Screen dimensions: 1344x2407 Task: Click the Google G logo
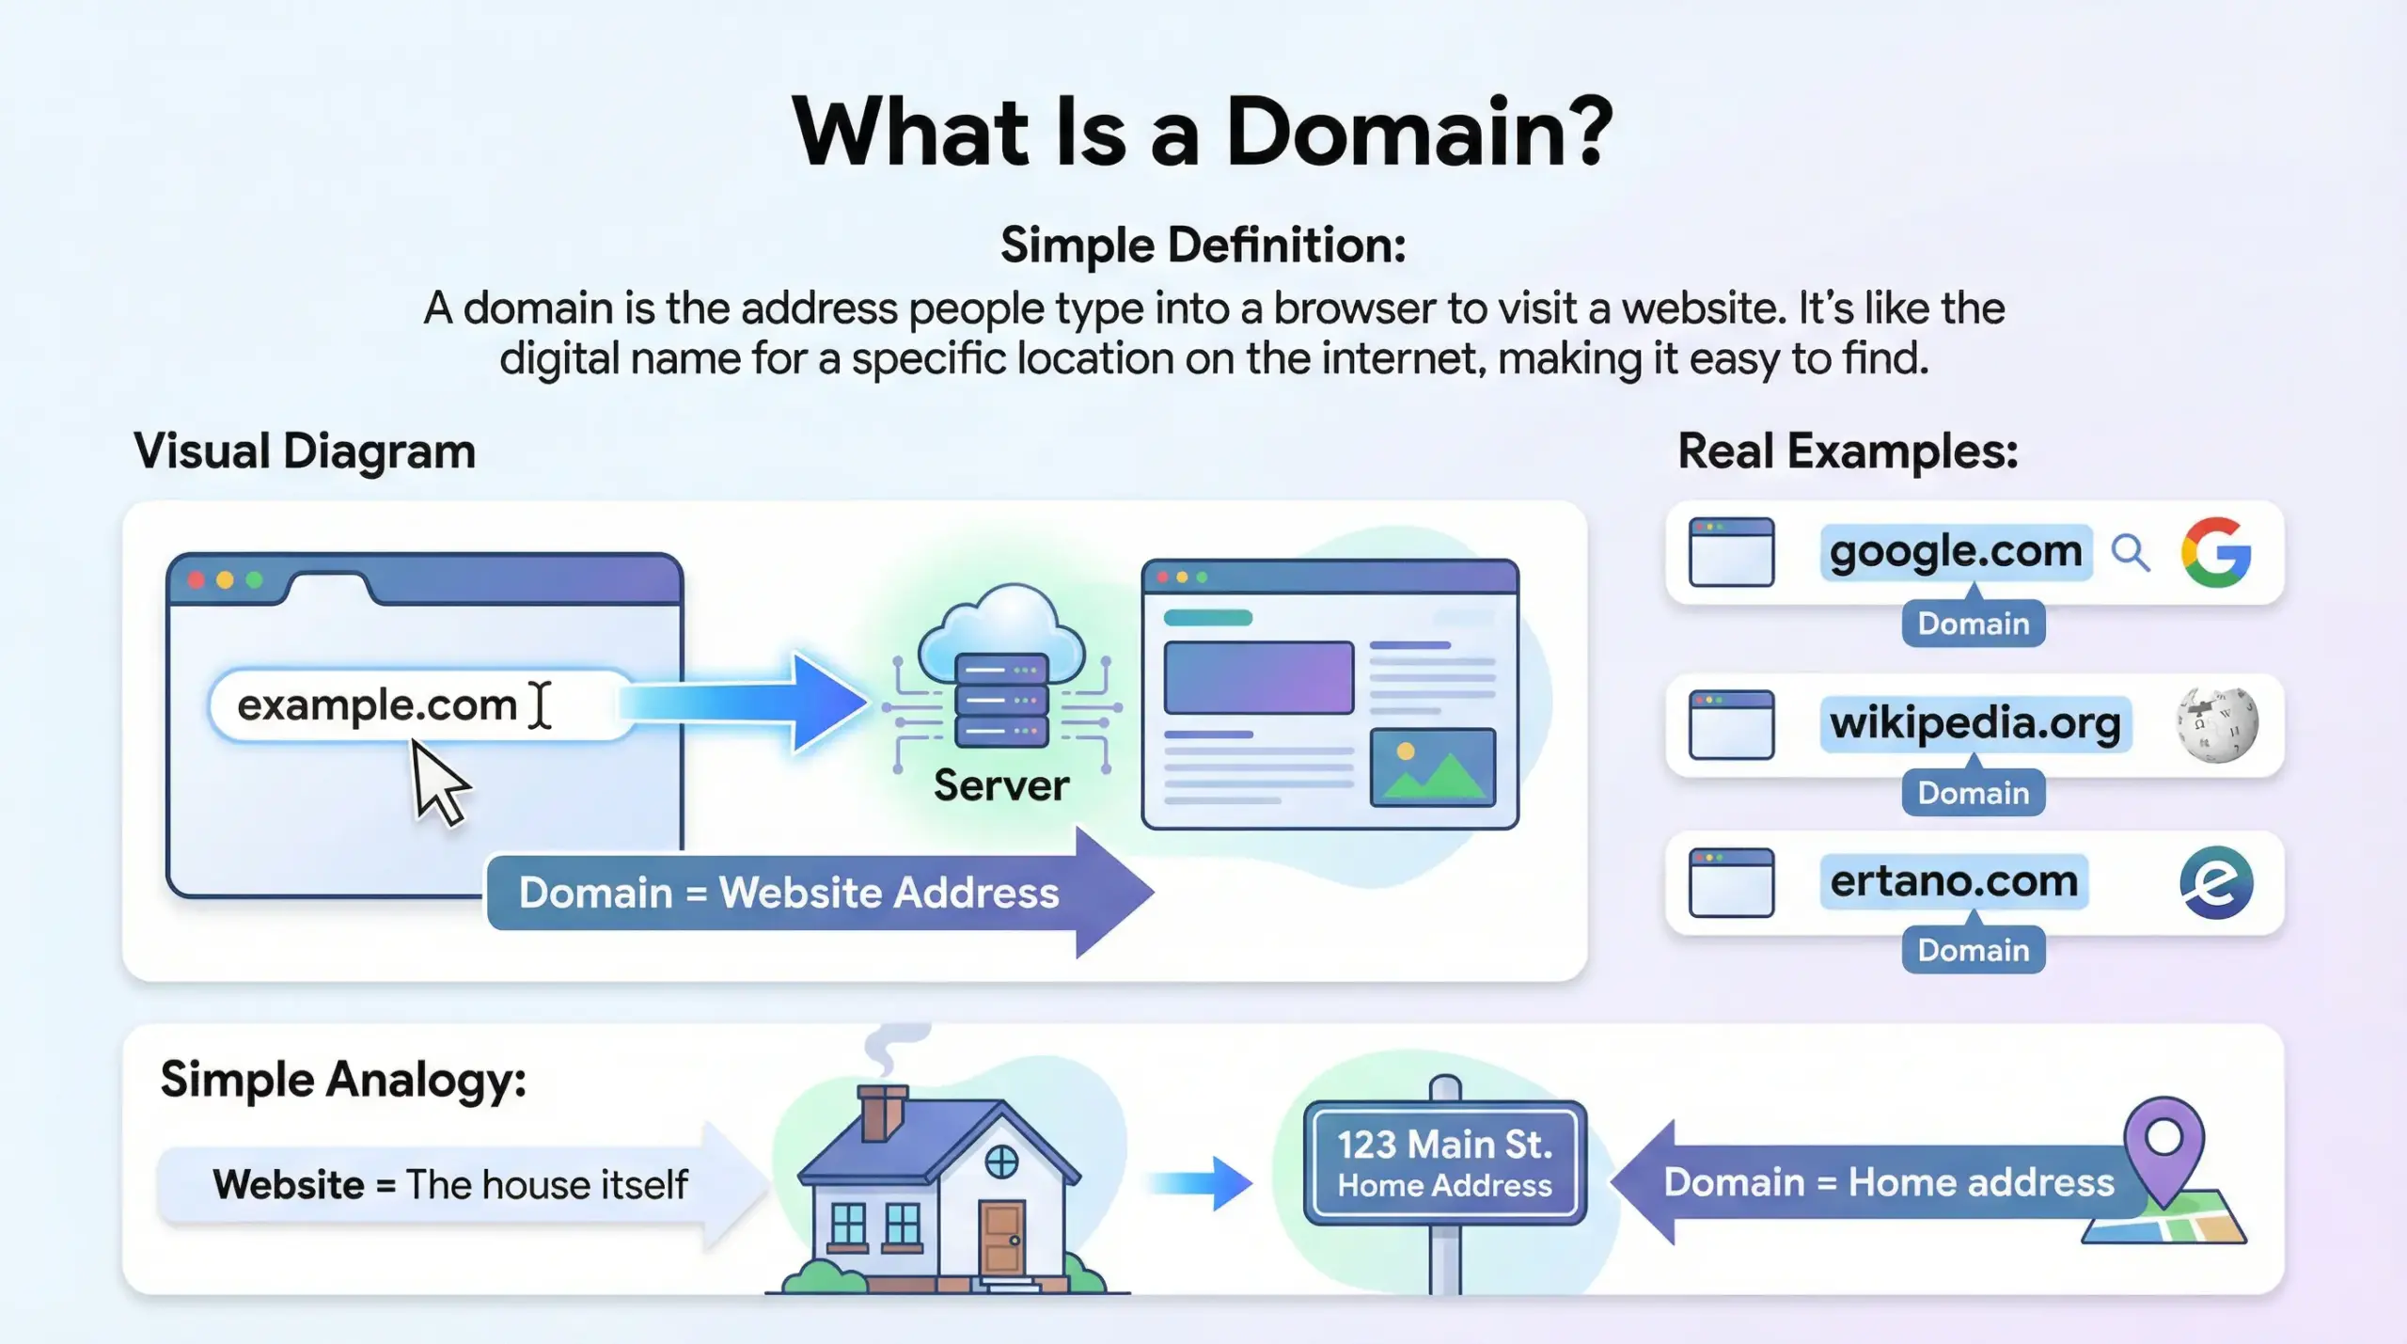click(x=2215, y=552)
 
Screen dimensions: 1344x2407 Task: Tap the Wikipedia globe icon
click(x=2216, y=724)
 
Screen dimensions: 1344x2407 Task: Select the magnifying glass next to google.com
click(x=2130, y=552)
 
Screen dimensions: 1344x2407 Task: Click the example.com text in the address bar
click(x=376, y=704)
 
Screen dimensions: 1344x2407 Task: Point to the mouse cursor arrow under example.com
click(x=437, y=782)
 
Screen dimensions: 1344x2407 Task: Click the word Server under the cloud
click(x=1000, y=785)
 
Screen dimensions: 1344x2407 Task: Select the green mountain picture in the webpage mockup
click(x=1432, y=767)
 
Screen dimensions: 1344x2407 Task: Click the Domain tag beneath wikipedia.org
click(x=1973, y=793)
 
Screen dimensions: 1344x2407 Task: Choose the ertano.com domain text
click(x=1954, y=881)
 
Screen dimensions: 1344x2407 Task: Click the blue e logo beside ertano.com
click(x=2215, y=882)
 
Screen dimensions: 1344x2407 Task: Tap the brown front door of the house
click(x=1001, y=1238)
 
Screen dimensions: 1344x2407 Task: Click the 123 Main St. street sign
click(x=1444, y=1162)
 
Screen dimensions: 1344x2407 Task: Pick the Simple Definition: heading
click(x=1203, y=245)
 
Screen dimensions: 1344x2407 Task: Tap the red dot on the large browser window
click(x=196, y=579)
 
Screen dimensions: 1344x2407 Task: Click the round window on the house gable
click(x=1001, y=1162)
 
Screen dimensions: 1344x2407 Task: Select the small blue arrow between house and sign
click(x=1201, y=1183)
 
